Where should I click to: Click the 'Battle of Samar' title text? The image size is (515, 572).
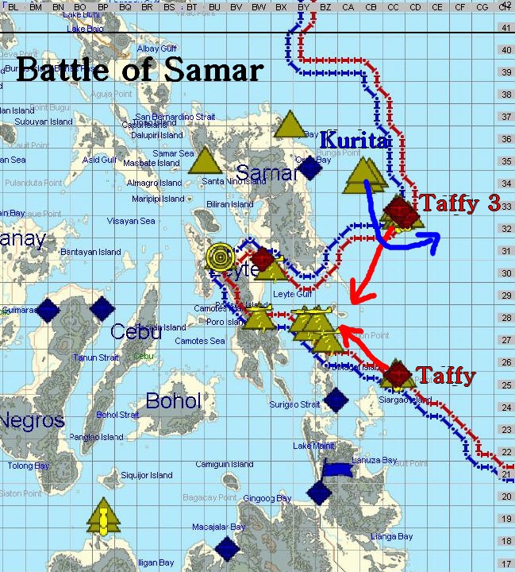click(139, 70)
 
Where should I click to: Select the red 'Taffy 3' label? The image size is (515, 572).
click(460, 203)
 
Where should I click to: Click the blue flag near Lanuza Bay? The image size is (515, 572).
click(336, 470)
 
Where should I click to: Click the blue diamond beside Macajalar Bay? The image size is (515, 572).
click(228, 547)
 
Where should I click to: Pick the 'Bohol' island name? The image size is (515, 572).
click(173, 400)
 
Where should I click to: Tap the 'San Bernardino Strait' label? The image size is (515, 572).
click(175, 117)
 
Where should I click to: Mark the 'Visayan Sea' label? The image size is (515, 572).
click(132, 221)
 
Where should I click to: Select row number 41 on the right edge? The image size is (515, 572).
click(506, 28)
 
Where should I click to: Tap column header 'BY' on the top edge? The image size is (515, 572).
click(303, 6)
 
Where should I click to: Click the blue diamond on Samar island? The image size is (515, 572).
click(310, 167)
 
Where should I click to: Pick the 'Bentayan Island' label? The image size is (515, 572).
click(90, 252)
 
